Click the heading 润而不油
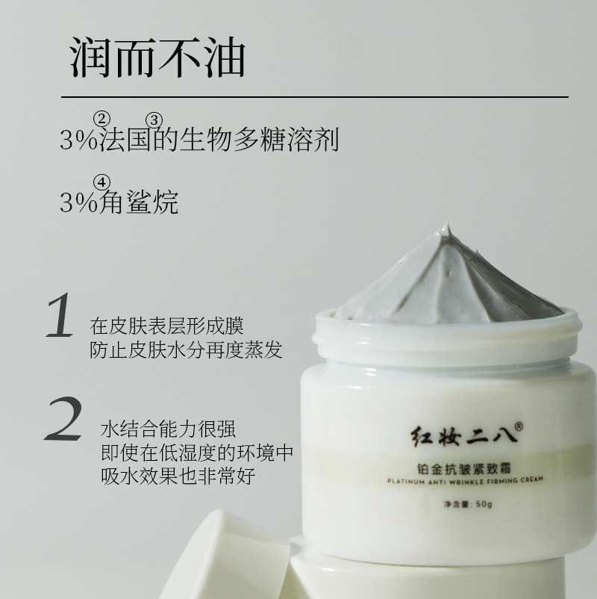click(157, 58)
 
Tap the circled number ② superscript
click(101, 120)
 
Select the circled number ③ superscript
click(154, 120)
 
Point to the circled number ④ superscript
click(101, 182)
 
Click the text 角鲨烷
click(139, 202)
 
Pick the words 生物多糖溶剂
click(260, 140)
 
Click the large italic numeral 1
click(60, 315)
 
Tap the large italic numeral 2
click(63, 419)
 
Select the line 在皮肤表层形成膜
click(167, 326)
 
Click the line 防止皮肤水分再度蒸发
click(187, 350)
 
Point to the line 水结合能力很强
click(169, 429)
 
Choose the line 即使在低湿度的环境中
click(197, 453)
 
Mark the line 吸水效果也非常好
click(178, 476)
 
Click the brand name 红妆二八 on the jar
click(463, 437)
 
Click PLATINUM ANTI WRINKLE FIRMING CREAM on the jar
click(465, 480)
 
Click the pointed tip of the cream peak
click(447, 223)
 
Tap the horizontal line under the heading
click(315, 97)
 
